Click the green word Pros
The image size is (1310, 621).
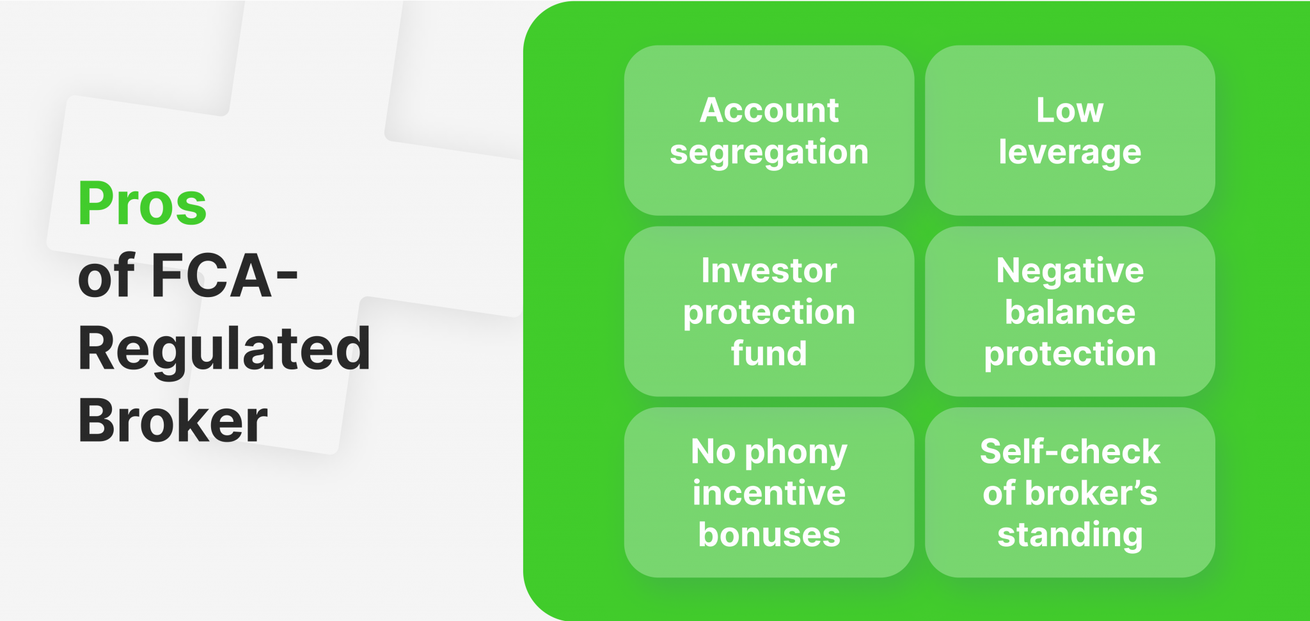click(x=142, y=204)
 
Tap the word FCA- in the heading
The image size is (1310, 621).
click(x=224, y=277)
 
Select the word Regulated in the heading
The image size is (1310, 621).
click(x=224, y=350)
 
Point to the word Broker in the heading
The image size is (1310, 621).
click(x=173, y=421)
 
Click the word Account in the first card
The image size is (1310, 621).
click(x=769, y=110)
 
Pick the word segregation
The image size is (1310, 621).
click(x=769, y=152)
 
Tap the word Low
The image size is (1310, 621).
click(x=1069, y=110)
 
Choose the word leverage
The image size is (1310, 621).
click(x=1069, y=152)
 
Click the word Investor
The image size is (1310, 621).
click(x=769, y=270)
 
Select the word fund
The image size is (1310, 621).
click(x=769, y=353)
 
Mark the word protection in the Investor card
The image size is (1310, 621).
click(x=769, y=312)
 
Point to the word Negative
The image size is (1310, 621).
click(x=1069, y=270)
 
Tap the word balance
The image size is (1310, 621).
click(x=1069, y=312)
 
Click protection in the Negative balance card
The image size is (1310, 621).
click(x=1069, y=354)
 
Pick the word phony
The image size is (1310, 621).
click(x=796, y=452)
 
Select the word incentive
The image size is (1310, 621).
click(x=769, y=493)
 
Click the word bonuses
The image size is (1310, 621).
click(x=769, y=535)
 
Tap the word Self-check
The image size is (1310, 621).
click(x=1069, y=451)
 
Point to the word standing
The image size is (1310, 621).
click(x=1069, y=535)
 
